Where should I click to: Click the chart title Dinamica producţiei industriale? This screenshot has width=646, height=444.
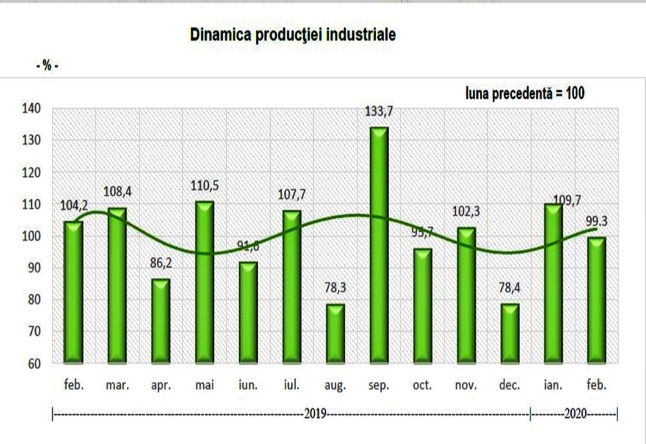point(293,35)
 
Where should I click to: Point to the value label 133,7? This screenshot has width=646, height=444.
point(379,112)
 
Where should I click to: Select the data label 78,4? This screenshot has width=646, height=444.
point(510,289)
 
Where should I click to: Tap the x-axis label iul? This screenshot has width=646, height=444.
point(292,385)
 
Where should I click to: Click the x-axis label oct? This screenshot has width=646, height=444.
point(422,385)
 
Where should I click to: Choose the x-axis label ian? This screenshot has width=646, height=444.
point(554,385)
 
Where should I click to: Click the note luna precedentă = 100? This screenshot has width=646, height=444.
point(525,93)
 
